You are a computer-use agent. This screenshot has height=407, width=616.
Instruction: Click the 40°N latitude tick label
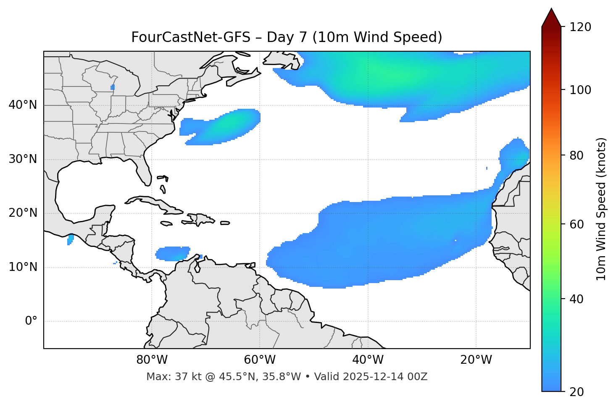pos(23,105)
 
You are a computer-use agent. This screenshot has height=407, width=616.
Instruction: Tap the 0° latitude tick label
pos(31,321)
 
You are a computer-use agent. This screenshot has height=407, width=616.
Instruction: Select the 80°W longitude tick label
pos(152,360)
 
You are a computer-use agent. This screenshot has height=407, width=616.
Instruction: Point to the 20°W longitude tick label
pos(476,360)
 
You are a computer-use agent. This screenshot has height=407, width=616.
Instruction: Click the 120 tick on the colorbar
pos(581,27)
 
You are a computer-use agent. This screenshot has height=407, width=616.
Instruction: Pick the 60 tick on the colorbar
pos(577,224)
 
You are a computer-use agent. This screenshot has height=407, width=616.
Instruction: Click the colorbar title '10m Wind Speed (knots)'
pos(601,209)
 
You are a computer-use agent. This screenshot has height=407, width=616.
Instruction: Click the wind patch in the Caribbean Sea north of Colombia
pos(172,253)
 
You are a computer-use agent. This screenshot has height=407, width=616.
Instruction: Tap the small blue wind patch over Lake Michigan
pos(113,87)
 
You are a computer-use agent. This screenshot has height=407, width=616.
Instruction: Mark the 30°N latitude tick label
pos(23,159)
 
